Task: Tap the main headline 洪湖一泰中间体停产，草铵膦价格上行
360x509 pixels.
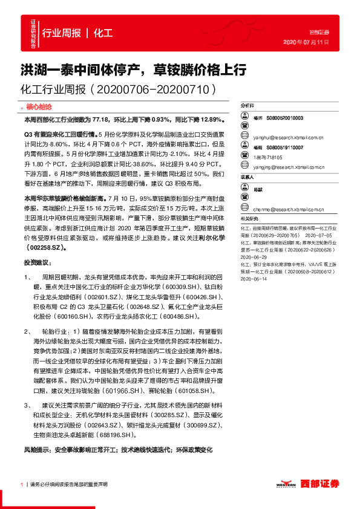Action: tap(125, 70)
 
